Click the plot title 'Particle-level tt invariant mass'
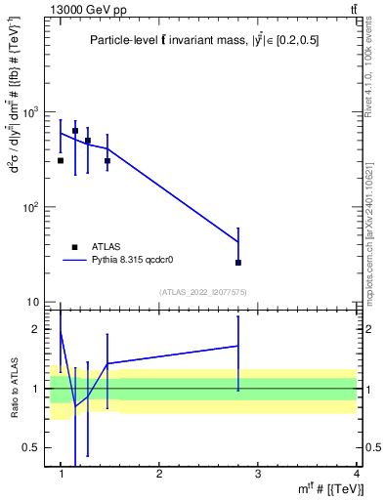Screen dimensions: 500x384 pos(203,40)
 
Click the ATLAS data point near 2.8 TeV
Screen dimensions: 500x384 pos(238,263)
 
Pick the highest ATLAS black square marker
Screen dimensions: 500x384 pos(75,131)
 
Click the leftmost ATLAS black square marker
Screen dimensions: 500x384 pos(61,160)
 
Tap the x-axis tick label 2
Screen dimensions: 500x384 pos(160,474)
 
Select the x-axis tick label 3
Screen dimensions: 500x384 pos(258,474)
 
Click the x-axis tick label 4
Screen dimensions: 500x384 pos(356,474)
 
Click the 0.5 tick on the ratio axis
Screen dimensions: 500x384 pos(32,447)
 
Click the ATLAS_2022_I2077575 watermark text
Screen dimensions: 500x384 pos(204,292)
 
